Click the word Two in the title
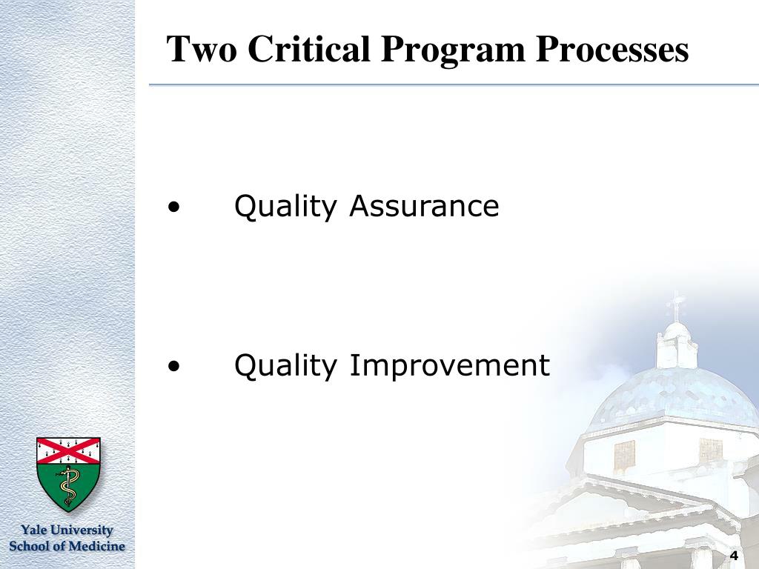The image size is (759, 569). [202, 49]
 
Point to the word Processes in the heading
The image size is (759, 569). [611, 50]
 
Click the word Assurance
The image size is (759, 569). [424, 206]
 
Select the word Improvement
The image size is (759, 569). [450, 366]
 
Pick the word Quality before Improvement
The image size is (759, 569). [285, 366]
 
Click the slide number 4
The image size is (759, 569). [735, 556]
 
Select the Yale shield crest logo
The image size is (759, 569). [68, 474]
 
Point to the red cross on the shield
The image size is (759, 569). [68, 450]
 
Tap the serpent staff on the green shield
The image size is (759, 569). [68, 486]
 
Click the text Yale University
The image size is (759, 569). [67, 530]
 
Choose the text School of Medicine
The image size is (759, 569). [67, 546]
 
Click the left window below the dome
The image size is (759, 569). [624, 456]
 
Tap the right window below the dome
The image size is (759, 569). [711, 450]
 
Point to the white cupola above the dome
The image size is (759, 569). [677, 346]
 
